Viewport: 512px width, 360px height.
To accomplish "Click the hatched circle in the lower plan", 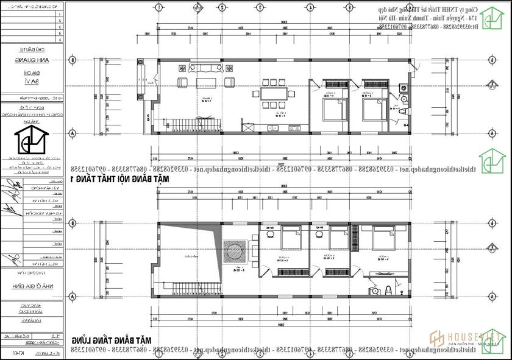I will pyautogui.click(x=235, y=250).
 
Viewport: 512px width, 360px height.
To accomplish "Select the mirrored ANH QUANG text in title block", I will pyautogui.click(x=32, y=60).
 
